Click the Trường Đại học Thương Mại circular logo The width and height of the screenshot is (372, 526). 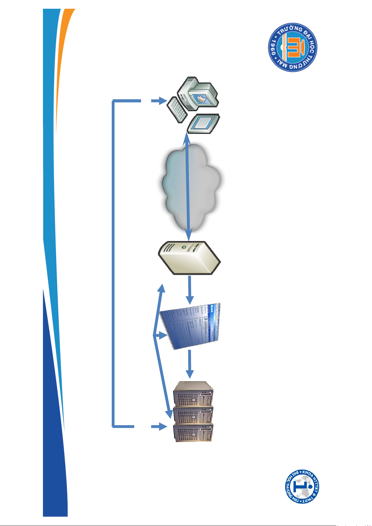point(292,47)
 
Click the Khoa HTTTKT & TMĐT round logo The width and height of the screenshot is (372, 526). point(302,487)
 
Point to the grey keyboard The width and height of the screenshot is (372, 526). point(177,110)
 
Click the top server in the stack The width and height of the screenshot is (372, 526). point(193,394)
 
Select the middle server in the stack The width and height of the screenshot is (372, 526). point(193,414)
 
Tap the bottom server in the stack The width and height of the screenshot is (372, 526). point(193,432)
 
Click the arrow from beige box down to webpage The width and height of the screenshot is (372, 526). point(189,290)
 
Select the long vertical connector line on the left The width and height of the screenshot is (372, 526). point(113,262)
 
